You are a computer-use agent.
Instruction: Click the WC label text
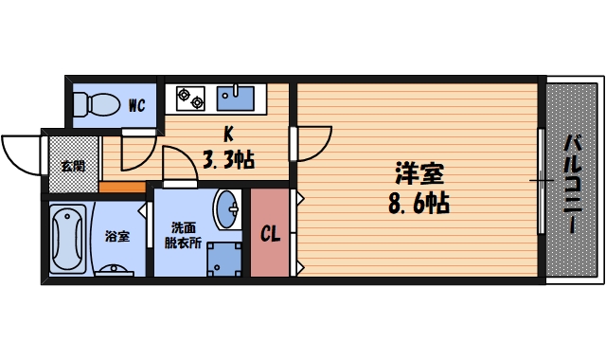click(136, 105)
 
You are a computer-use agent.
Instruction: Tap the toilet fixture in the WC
click(93, 102)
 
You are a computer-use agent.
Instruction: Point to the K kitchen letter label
click(228, 134)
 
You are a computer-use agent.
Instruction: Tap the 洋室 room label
click(419, 174)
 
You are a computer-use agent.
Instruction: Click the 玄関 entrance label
click(72, 166)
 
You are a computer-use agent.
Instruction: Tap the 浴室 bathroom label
click(116, 235)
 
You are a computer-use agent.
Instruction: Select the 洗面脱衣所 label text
click(186, 235)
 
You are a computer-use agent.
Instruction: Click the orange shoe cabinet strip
click(121, 186)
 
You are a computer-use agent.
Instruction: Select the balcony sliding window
click(541, 180)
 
